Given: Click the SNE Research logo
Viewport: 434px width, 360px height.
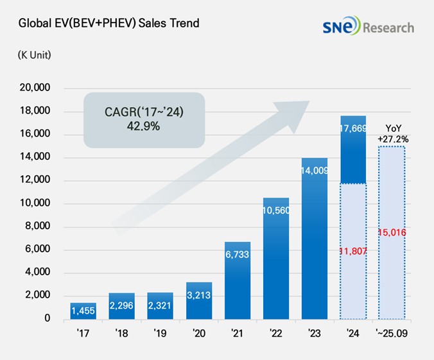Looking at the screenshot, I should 369,26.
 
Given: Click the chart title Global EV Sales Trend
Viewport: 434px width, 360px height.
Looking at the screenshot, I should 108,24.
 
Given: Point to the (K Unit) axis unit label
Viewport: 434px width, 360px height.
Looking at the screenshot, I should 34,55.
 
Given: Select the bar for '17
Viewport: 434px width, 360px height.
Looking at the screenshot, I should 83,311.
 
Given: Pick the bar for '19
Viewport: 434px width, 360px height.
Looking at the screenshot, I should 161,305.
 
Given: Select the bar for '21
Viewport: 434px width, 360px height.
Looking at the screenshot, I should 238,280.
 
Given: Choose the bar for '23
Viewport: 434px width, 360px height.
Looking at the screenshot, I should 315,238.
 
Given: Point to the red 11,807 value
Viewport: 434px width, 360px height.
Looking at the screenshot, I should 353,251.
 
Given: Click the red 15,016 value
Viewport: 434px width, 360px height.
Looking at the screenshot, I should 392,232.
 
